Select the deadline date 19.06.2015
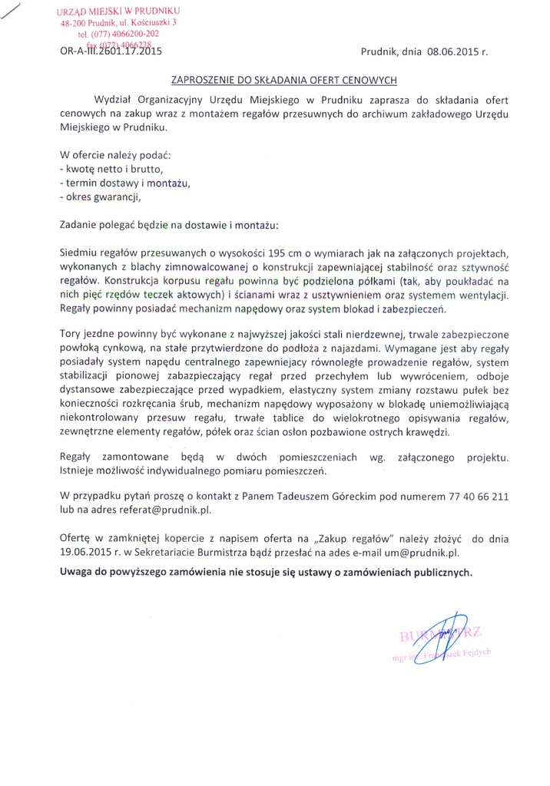tap(85, 551)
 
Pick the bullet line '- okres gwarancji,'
tap(101, 196)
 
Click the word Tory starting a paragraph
tap(70, 335)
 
